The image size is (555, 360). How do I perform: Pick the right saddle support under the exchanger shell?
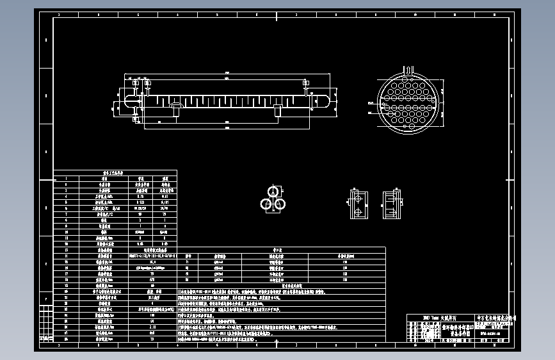tap(277, 111)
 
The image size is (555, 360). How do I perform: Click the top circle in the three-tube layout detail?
tap(273, 192)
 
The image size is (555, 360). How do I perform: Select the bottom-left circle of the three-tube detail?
tap(267, 204)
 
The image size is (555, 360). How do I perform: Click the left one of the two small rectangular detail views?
tap(357, 204)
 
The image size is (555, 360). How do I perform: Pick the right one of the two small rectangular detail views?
tap(391, 203)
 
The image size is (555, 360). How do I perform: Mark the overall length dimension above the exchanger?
tap(228, 72)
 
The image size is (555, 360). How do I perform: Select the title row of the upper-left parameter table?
tap(115, 172)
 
